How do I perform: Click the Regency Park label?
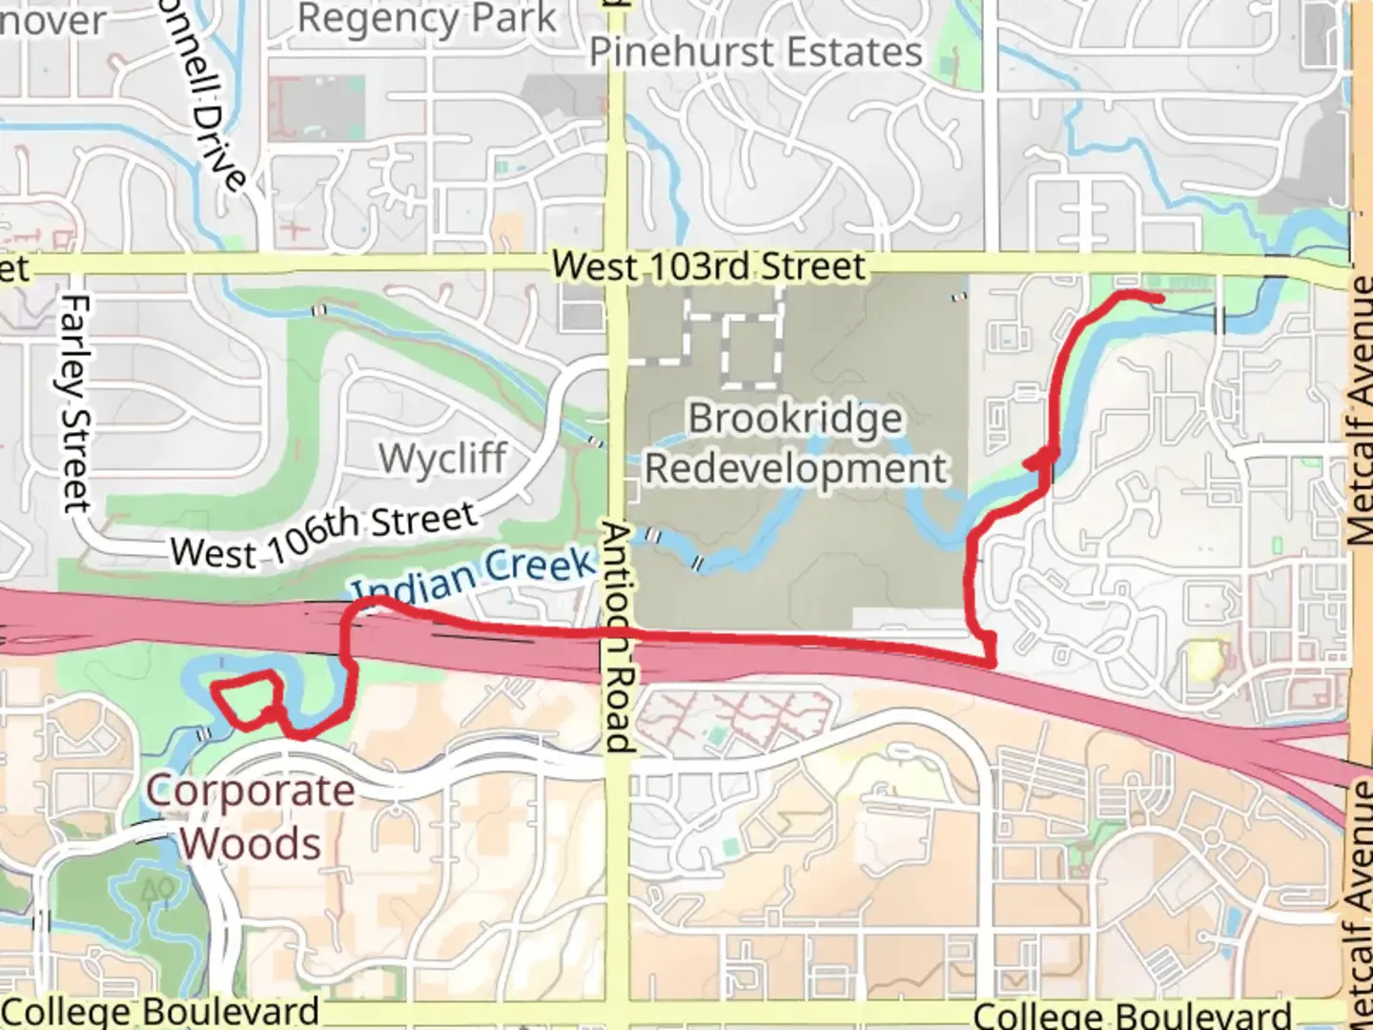(x=426, y=20)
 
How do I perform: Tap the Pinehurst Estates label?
(x=756, y=52)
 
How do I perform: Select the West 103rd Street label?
(x=709, y=266)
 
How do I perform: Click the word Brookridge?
(x=795, y=419)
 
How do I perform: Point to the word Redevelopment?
(x=796, y=468)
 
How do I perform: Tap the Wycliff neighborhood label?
(x=442, y=459)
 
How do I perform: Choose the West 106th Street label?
(x=323, y=536)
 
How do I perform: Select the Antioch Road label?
(x=618, y=637)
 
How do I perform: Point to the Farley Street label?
(x=75, y=402)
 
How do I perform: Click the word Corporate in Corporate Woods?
(x=250, y=792)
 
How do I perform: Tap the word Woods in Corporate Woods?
(x=252, y=844)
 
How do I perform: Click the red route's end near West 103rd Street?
(x=1159, y=299)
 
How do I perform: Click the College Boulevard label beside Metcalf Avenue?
(x=1132, y=1015)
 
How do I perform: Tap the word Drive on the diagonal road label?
(x=218, y=143)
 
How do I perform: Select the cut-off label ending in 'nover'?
(x=52, y=20)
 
